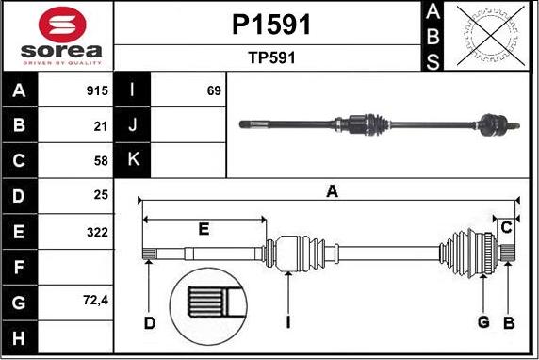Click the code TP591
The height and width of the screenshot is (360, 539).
[271, 57]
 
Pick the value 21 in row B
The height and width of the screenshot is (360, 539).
[101, 125]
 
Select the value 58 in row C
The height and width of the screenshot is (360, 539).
[101, 160]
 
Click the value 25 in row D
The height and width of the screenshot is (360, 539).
[101, 196]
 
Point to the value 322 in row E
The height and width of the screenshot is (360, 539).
[96, 232]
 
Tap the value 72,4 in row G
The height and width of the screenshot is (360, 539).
[94, 302]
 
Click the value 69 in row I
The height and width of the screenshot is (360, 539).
[213, 91]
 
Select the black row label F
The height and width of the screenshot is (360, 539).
[20, 267]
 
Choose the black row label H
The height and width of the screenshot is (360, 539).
[20, 336]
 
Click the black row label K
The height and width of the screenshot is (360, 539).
[132, 160]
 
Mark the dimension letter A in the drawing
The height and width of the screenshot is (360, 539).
[332, 191]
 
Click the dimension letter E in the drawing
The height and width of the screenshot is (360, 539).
[204, 229]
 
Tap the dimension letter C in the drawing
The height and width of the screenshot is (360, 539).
[506, 226]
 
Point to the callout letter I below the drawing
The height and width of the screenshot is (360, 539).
[288, 323]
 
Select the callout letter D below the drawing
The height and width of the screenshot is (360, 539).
[149, 323]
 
